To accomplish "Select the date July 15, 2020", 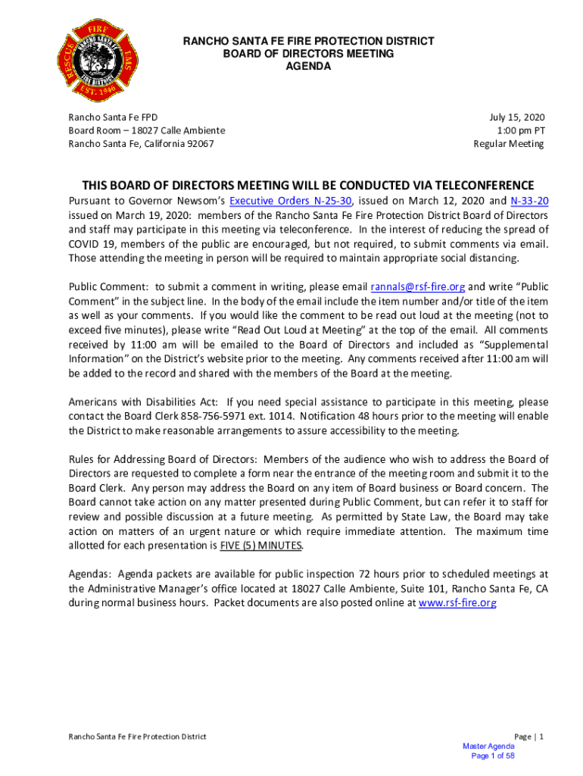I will (516, 117).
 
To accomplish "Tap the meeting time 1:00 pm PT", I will (520, 130).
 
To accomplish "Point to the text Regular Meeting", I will (509, 144).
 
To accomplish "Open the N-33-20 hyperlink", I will (528, 201).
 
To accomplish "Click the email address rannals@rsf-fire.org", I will (417, 287).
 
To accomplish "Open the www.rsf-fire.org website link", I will (457, 603).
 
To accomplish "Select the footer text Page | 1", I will (528, 737).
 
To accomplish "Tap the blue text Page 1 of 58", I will (493, 756).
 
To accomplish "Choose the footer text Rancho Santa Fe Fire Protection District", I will (137, 737).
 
